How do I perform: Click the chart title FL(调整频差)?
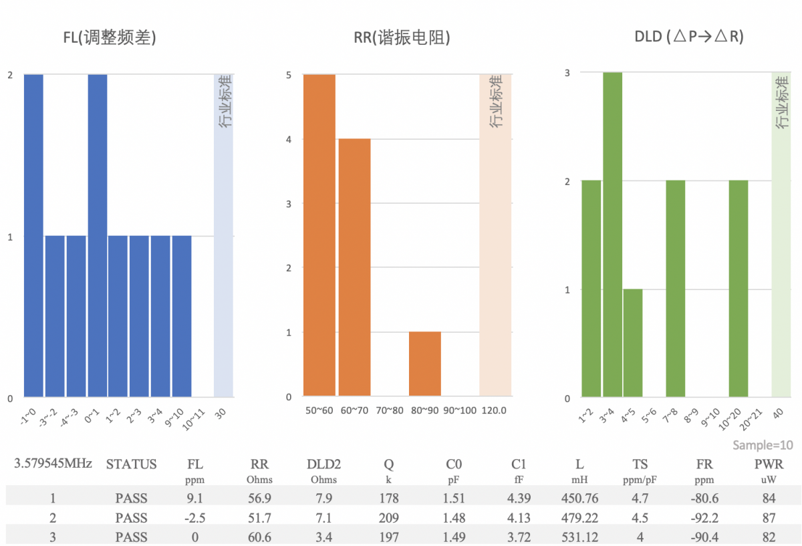point(110,38)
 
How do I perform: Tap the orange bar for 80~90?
point(425,364)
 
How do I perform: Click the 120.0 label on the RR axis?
point(495,410)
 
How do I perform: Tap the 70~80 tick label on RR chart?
point(390,410)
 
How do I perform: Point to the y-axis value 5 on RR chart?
point(289,76)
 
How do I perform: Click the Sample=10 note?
point(763,445)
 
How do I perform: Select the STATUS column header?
point(131,464)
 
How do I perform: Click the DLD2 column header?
point(323,464)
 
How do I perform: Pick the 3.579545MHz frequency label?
point(53,463)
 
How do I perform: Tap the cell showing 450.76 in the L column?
point(579,498)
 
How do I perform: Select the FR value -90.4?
point(704,537)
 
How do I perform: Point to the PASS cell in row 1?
point(131,498)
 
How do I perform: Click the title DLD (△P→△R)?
point(688,37)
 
